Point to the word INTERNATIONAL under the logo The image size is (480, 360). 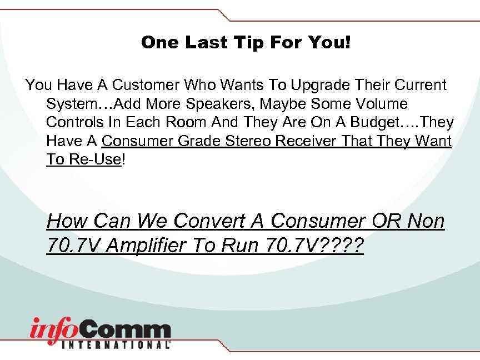pyautogui.click(x=118, y=344)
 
